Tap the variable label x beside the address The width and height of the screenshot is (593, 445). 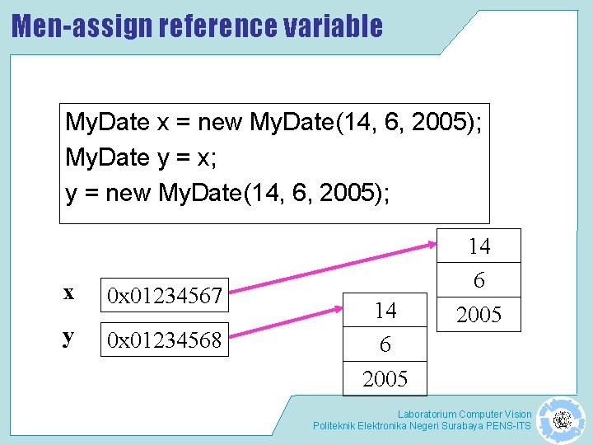(x=68, y=293)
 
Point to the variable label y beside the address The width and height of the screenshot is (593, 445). (x=68, y=337)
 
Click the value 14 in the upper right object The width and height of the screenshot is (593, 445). (x=479, y=246)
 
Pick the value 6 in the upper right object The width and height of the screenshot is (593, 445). (x=479, y=281)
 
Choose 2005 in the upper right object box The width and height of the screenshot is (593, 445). (x=479, y=315)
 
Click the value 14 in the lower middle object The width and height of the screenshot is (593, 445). (x=385, y=311)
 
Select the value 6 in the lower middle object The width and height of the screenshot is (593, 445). (x=385, y=344)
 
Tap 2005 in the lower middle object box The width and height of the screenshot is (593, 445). (x=385, y=379)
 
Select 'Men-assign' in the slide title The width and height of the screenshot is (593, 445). (x=82, y=26)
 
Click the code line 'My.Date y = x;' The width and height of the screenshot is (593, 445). (x=147, y=158)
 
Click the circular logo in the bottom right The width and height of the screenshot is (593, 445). (x=562, y=420)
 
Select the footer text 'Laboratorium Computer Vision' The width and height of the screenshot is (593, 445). (x=465, y=414)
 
